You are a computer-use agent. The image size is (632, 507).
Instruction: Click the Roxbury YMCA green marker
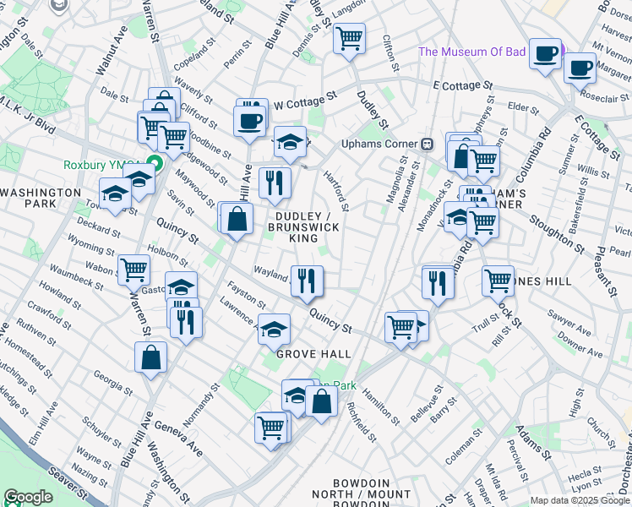pos(154,163)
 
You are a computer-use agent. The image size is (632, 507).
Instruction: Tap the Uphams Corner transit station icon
pos(428,143)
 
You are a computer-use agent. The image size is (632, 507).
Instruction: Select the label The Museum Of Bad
pos(472,52)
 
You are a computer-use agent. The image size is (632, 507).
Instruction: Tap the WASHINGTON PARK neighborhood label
pos(40,199)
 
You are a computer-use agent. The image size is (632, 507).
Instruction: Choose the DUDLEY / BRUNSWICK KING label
pos(303,227)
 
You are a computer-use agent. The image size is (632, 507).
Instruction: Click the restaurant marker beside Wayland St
pos(307,281)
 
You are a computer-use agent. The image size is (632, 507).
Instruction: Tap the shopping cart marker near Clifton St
pos(349,38)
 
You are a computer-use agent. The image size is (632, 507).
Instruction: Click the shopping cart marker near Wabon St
pos(134,270)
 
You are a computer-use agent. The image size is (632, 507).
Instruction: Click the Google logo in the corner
pos(28,497)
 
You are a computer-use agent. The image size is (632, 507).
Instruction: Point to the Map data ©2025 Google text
pos(580,500)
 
